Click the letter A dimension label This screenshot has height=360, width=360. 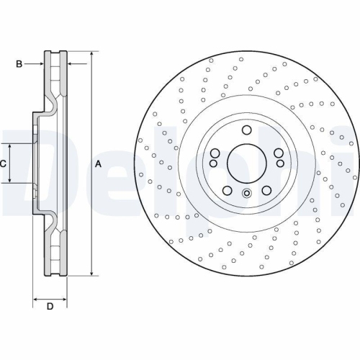[98, 164]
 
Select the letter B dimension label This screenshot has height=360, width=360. [19, 65]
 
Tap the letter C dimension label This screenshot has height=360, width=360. [4, 164]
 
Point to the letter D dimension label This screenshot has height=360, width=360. [50, 307]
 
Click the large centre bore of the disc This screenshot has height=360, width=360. [246, 163]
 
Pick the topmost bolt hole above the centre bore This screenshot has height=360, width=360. [246, 130]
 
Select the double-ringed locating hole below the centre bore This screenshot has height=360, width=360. [246, 193]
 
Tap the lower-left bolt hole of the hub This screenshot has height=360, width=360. [227, 190]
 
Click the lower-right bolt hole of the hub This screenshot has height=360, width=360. [266, 190]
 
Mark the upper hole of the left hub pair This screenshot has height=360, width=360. [215, 152]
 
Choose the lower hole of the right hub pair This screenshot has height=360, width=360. [278, 163]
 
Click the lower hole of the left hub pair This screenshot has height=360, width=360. [215, 163]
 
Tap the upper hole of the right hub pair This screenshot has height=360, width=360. [278, 152]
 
